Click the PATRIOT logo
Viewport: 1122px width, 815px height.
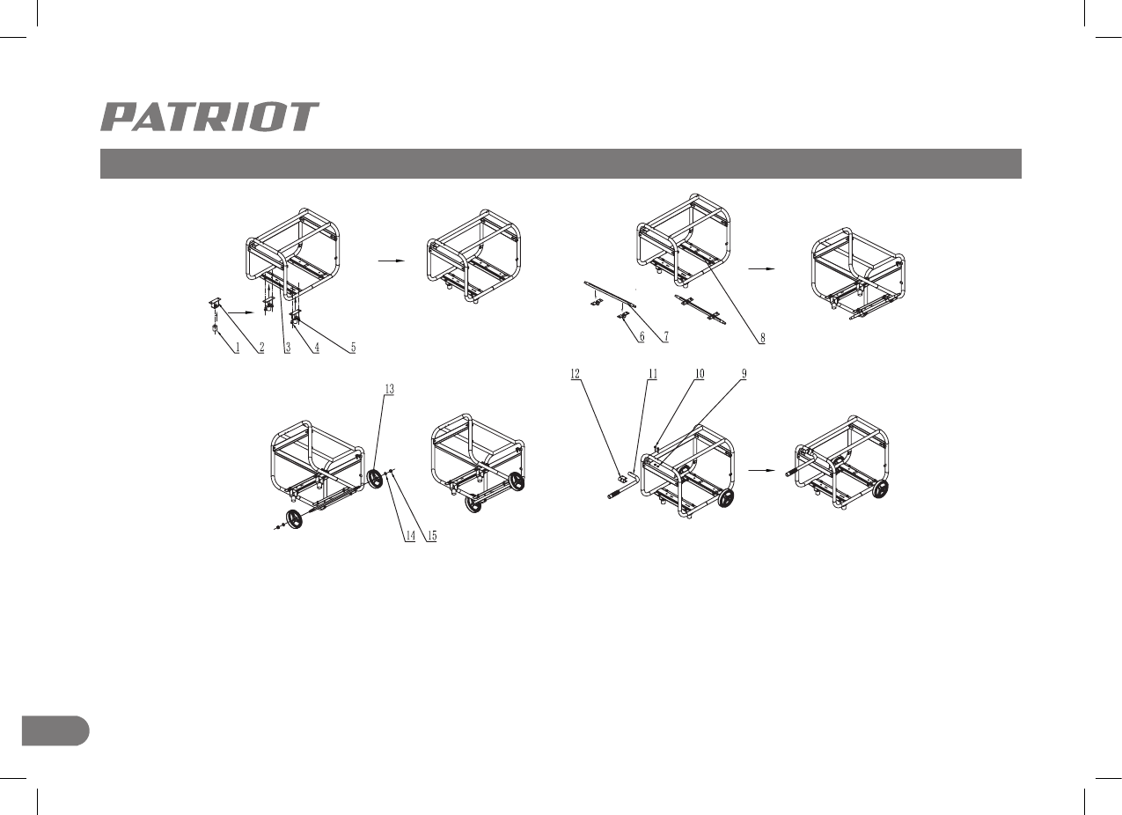(x=209, y=117)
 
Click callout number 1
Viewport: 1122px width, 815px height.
(x=237, y=348)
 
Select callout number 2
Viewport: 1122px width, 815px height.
(x=261, y=348)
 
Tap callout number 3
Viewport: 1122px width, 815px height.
(x=287, y=348)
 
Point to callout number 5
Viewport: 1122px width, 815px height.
(x=353, y=348)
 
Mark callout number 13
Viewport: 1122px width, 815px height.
(x=390, y=388)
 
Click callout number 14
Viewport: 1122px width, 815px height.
(x=409, y=537)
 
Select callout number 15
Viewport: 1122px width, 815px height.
(x=430, y=537)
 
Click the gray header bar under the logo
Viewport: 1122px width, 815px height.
(x=561, y=164)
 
